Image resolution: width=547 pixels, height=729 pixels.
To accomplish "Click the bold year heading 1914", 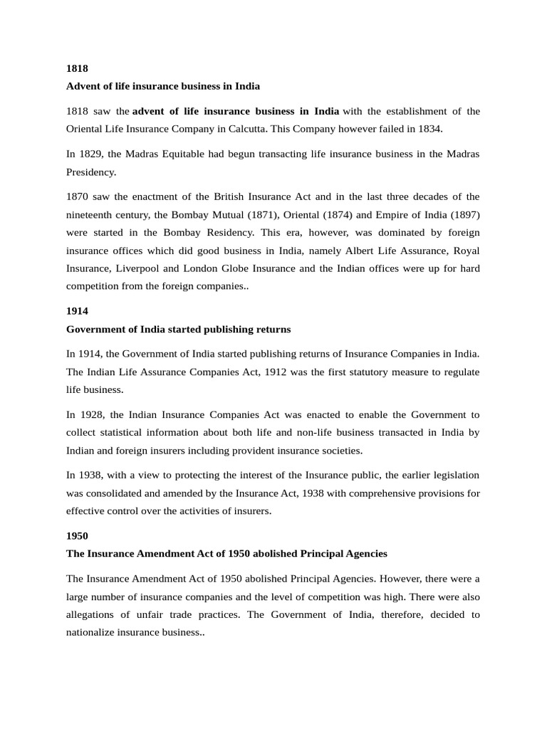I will click(x=77, y=311).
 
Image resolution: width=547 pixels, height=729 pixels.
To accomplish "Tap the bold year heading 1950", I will click(x=77, y=535).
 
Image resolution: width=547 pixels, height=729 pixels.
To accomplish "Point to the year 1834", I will click(x=429, y=129).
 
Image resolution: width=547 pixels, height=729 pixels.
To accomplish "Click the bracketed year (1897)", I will click(x=463, y=214).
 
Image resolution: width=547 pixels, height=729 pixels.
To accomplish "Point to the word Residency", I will click(x=230, y=232).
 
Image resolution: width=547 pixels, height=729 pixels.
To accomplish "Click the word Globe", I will click(x=251, y=268).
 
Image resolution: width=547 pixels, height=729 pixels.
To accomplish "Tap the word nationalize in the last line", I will click(x=93, y=631).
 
